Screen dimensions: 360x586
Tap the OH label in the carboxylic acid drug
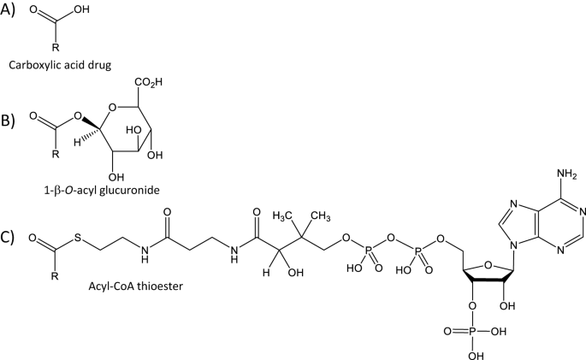83,9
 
